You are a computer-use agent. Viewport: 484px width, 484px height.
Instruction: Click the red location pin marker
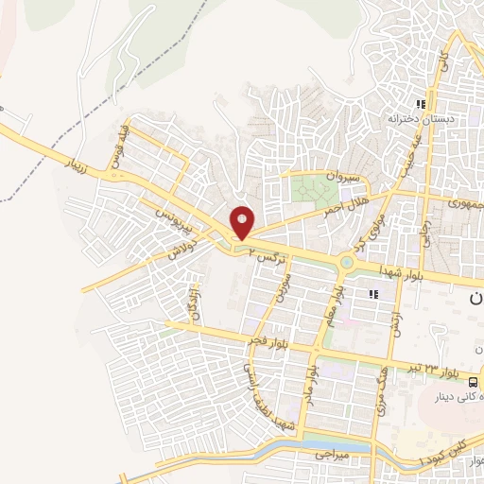(243, 223)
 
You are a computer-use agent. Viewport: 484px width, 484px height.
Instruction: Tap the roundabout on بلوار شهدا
(347, 263)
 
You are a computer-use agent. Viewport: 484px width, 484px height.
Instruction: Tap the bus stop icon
(477, 372)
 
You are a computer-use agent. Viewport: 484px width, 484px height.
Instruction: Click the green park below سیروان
(308, 189)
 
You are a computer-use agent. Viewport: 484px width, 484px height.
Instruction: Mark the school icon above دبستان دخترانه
(423, 105)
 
